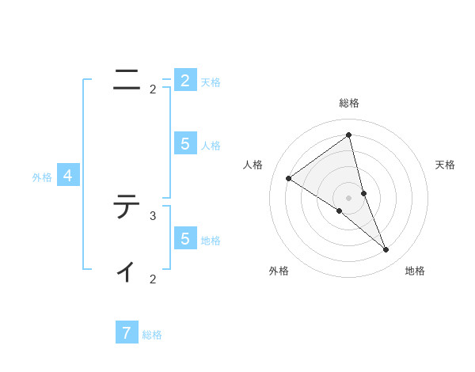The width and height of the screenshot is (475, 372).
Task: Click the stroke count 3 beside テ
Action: tap(153, 215)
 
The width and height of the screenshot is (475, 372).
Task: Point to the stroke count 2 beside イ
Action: tap(153, 279)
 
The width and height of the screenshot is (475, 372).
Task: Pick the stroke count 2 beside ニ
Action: tap(153, 89)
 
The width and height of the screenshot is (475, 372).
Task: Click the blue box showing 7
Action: tap(127, 332)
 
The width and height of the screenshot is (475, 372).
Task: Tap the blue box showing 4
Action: tap(68, 176)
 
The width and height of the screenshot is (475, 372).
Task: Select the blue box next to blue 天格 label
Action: tap(184, 80)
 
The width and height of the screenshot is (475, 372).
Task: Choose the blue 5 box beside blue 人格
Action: tap(184, 143)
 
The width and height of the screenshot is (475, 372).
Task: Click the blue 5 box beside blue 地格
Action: tap(184, 238)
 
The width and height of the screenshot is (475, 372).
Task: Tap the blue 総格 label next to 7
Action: tap(152, 335)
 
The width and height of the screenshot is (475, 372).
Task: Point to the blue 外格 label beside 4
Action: tap(42, 177)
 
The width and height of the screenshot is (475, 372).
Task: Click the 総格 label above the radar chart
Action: tap(348, 103)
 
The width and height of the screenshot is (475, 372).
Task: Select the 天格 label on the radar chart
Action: tap(446, 165)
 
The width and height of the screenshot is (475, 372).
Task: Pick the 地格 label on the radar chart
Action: tap(415, 271)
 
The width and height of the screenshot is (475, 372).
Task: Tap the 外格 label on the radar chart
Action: tap(279, 271)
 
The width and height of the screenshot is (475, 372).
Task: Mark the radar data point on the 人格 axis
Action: tap(289, 178)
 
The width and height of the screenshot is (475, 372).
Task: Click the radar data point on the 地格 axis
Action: tap(386, 250)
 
